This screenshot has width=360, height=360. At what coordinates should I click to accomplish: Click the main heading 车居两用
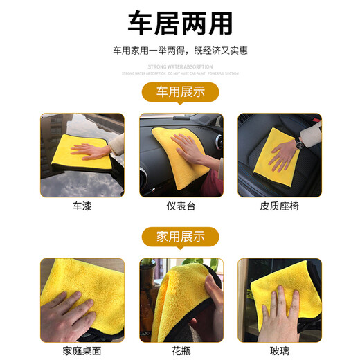coord(179,22)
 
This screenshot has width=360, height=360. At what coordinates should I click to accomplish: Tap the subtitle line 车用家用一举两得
coord(179,51)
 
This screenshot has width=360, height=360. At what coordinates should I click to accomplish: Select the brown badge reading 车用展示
coord(179,92)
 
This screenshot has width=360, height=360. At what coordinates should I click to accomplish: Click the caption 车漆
coord(82,206)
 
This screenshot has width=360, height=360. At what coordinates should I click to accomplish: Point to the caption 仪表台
coord(180,206)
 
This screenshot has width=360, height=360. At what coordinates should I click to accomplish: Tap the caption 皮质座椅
coord(278,206)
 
